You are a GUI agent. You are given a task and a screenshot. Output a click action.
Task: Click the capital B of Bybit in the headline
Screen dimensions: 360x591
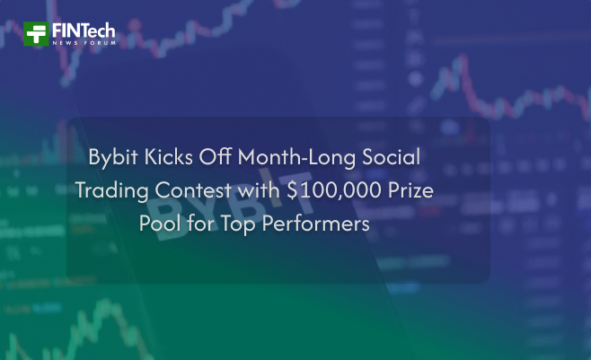(x=94, y=157)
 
